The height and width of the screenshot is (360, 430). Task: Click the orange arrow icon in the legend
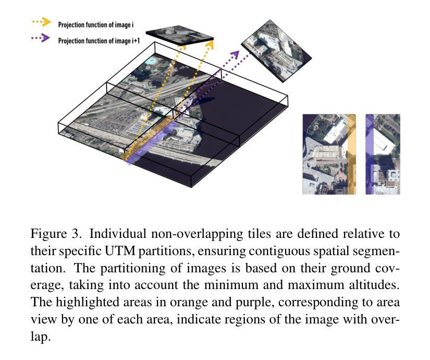click(x=42, y=22)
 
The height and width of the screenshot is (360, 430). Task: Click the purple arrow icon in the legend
click(x=41, y=38)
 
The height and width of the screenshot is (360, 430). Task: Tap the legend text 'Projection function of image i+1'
click(x=99, y=41)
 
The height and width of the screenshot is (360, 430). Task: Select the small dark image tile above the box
click(x=180, y=35)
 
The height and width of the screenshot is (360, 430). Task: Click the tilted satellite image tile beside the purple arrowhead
click(x=276, y=51)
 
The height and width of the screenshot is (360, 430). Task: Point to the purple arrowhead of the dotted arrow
click(x=235, y=55)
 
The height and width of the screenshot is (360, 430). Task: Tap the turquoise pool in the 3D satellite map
click(x=150, y=61)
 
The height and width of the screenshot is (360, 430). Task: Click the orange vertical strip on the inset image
click(x=352, y=154)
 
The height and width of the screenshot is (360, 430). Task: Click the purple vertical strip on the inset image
click(x=370, y=154)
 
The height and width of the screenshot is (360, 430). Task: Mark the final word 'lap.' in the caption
click(x=41, y=337)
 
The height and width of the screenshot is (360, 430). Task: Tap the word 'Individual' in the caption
click(x=118, y=234)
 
